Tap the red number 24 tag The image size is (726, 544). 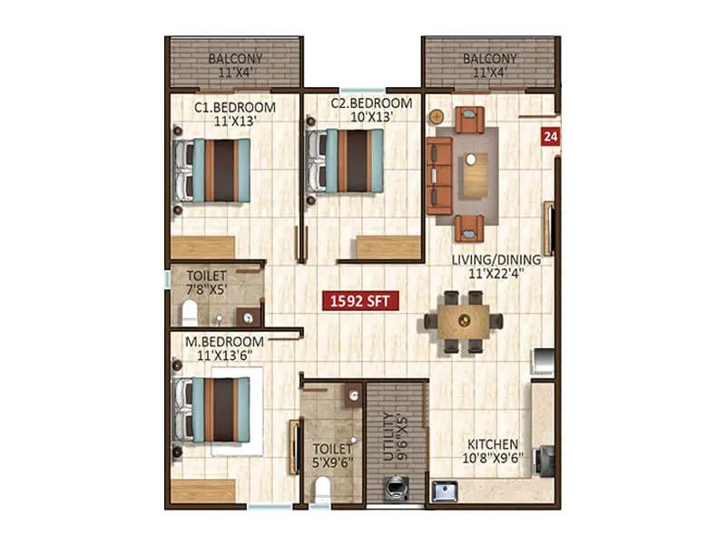550,137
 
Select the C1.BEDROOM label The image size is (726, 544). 235,106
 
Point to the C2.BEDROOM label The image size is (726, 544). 371,102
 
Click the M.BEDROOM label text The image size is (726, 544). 224,342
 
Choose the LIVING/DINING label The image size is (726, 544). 496,259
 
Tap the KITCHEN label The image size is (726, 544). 493,445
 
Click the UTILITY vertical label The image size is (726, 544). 389,435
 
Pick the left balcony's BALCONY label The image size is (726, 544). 235,60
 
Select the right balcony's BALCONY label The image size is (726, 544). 490,60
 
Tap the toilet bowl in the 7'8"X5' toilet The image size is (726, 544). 190,314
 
